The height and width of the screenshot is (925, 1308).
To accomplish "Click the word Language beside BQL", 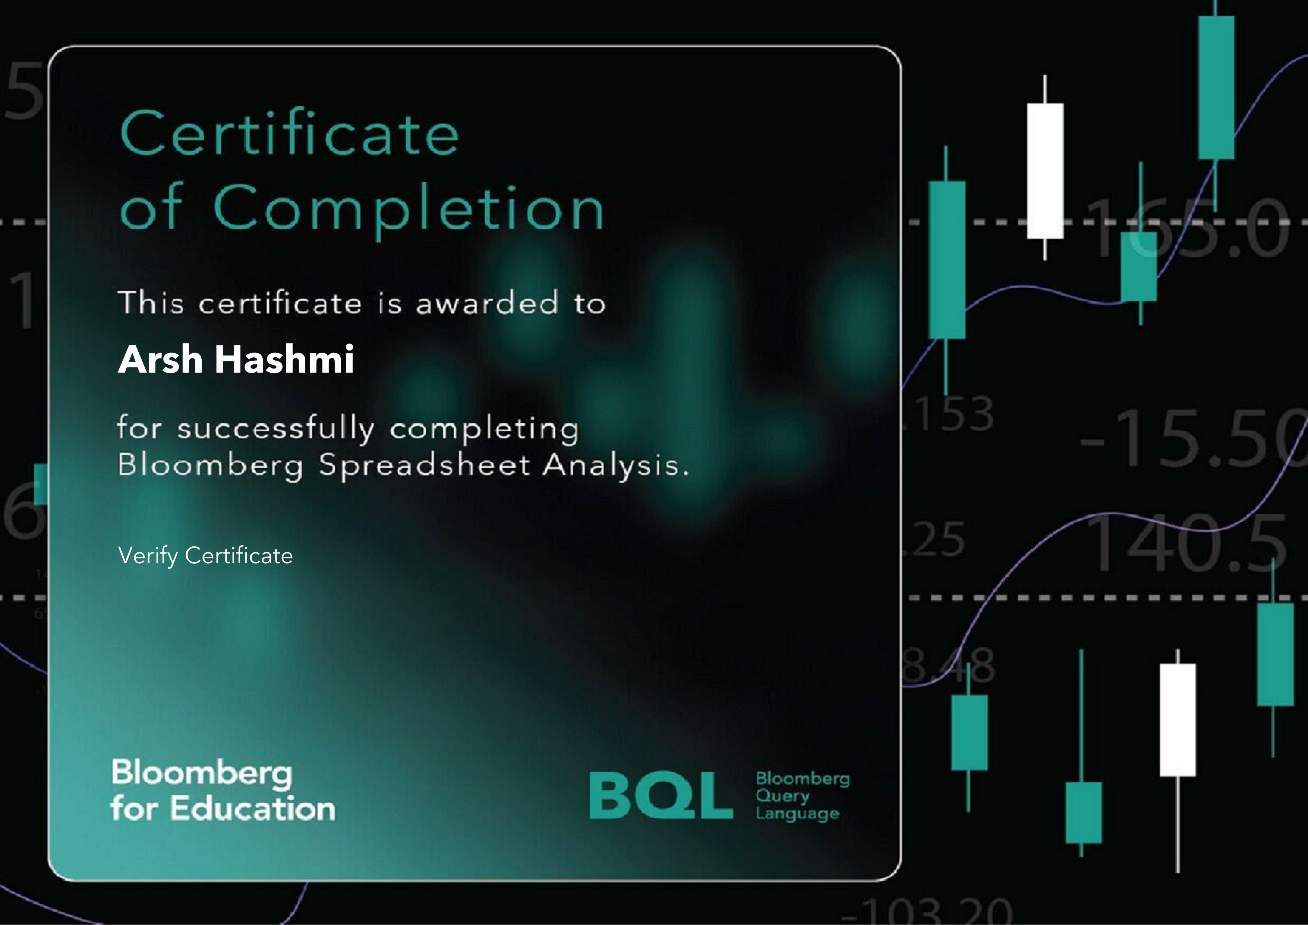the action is pos(798,814).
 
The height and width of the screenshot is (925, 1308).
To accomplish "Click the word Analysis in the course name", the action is pos(615,465).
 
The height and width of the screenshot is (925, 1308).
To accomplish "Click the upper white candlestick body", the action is pos(1045,171).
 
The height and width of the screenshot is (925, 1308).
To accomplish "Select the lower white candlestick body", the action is pos(1178,720).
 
